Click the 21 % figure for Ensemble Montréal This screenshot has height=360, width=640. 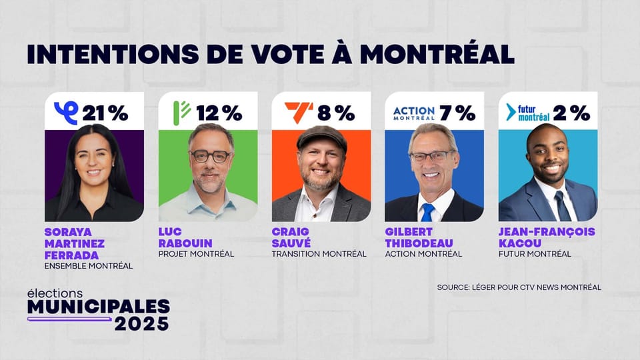click(105, 113)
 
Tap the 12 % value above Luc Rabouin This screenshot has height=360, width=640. click(219, 113)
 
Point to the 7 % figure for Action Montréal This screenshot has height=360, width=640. click(457, 113)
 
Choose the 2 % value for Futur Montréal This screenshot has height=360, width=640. click(571, 113)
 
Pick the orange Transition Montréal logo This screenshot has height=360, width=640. click(298, 111)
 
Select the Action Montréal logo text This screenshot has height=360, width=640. click(413, 113)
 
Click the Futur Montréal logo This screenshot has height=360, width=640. click(528, 112)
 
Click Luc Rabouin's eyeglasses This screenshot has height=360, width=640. click(209, 156)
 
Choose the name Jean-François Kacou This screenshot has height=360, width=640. click(547, 237)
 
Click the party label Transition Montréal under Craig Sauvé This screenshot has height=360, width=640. click(319, 254)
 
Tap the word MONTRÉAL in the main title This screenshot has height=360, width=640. click(437, 54)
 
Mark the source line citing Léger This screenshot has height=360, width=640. click(519, 287)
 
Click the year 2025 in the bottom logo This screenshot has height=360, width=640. click(141, 323)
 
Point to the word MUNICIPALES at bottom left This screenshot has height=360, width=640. click(98, 307)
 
